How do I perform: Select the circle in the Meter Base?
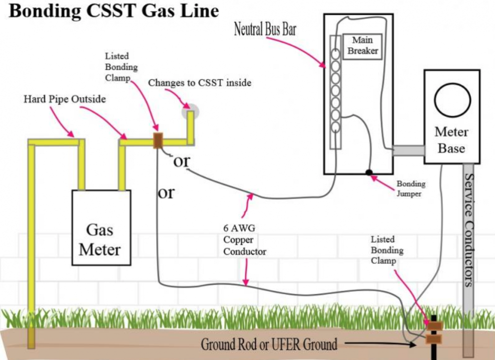pyautogui.click(x=452, y=100)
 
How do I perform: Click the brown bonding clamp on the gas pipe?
pyautogui.click(x=157, y=140)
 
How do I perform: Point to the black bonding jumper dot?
pyautogui.click(x=369, y=173)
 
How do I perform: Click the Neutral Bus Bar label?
pyautogui.click(x=265, y=29)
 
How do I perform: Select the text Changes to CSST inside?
pyautogui.click(x=199, y=83)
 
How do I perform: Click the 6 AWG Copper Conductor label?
pyautogui.click(x=244, y=240)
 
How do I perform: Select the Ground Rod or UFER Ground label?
pyautogui.click(x=269, y=344)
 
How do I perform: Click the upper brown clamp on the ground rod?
pyautogui.click(x=434, y=326)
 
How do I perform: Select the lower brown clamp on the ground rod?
pyautogui.click(x=434, y=340)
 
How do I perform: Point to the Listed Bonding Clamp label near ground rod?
pyautogui.click(x=387, y=250)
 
